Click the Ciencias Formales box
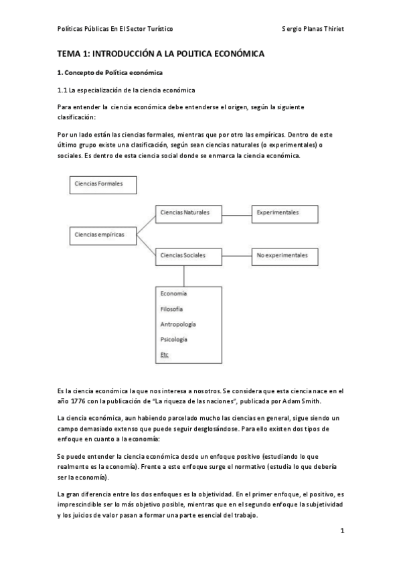coord(104,184)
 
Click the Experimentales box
coord(284,213)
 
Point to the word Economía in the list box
coord(173,294)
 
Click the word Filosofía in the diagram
coord(172,309)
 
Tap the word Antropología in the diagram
coord(178,324)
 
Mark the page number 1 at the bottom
coord(341,532)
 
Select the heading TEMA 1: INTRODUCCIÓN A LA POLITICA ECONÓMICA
coord(161,53)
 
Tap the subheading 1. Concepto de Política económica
coord(110,72)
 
